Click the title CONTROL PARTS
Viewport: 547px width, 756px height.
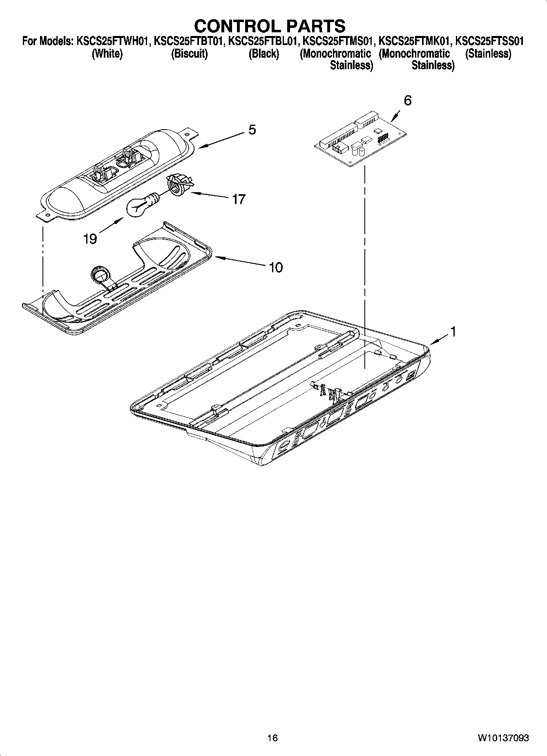click(x=270, y=26)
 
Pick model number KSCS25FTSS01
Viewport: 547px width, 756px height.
click(x=489, y=41)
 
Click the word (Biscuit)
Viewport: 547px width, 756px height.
click(x=189, y=54)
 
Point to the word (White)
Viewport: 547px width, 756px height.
click(x=107, y=54)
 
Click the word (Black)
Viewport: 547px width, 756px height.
click(x=264, y=54)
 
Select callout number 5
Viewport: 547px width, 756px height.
click(x=252, y=130)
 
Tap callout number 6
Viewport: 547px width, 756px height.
click(x=407, y=101)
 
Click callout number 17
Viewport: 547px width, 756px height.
click(x=239, y=199)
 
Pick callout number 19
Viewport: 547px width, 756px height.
click(x=90, y=239)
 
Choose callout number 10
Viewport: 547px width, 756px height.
click(x=276, y=267)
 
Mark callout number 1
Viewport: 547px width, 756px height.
click(x=452, y=332)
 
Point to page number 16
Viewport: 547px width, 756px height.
click(x=272, y=738)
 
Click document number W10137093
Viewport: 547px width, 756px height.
click(x=502, y=738)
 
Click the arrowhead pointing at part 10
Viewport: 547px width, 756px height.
click(x=217, y=258)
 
